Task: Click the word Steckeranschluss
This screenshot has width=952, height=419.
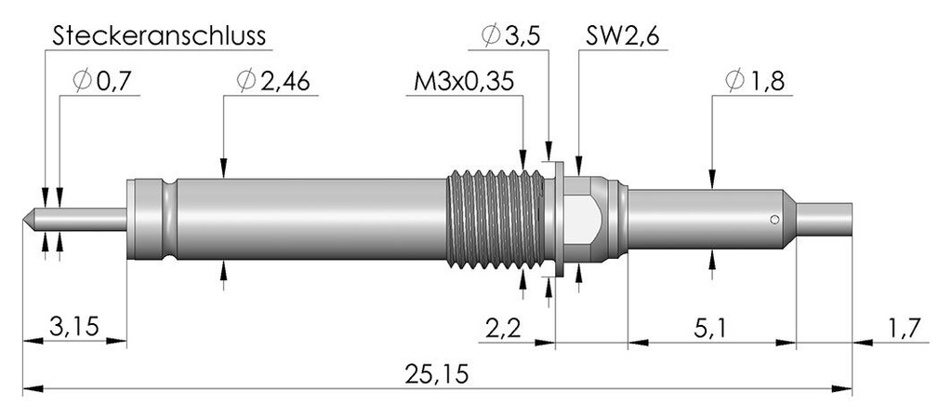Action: point(159,36)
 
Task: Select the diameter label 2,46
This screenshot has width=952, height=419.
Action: point(285,82)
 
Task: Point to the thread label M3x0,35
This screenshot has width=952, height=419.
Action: point(464,82)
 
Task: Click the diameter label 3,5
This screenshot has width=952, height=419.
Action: point(519,36)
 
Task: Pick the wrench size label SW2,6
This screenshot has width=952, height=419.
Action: point(623,36)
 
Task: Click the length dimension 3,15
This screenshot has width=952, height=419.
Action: point(74,327)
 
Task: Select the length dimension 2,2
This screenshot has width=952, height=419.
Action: point(504,327)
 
